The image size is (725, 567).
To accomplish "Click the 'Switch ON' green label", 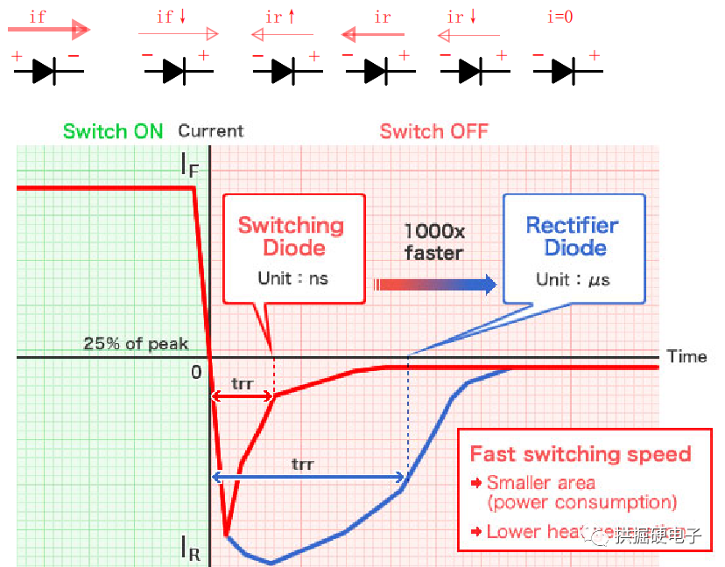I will (x=113, y=131).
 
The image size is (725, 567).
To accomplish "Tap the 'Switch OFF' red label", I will (x=433, y=131).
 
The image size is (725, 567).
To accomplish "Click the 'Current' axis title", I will (x=211, y=131).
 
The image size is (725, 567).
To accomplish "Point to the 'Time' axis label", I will (x=686, y=356).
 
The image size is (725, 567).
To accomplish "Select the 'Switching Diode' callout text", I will (x=292, y=235).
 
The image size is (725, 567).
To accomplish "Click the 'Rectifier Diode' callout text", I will (x=573, y=235).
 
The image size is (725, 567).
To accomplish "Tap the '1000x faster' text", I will (x=433, y=242).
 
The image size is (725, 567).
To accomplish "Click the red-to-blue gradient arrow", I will (x=434, y=284).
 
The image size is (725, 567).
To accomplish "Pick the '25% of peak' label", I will (x=136, y=343).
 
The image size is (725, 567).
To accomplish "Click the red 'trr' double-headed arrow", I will (x=243, y=396).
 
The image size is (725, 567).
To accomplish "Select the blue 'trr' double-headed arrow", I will (x=308, y=477).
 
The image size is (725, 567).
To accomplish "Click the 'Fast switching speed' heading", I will (x=581, y=453).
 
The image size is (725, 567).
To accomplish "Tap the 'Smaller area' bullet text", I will (x=541, y=483).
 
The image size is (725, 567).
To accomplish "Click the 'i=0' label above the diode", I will (x=559, y=17).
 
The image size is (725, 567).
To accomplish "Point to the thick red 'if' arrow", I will (x=49, y=31).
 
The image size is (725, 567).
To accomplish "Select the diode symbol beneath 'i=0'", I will (x=566, y=71).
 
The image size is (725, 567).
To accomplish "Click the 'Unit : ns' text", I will (x=292, y=278).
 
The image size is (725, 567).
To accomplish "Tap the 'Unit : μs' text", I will (x=573, y=279).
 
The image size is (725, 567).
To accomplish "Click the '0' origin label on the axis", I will (x=196, y=372).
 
